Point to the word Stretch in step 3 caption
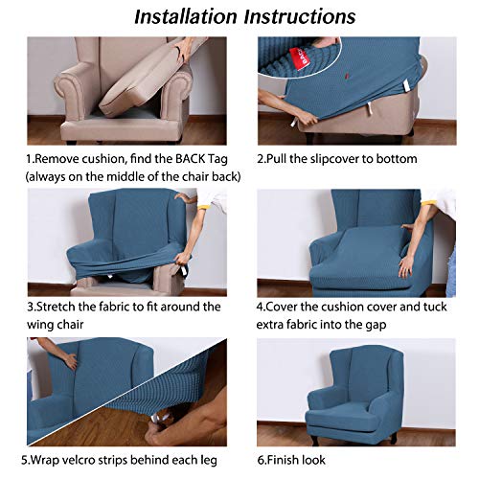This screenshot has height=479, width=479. (68, 307)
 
